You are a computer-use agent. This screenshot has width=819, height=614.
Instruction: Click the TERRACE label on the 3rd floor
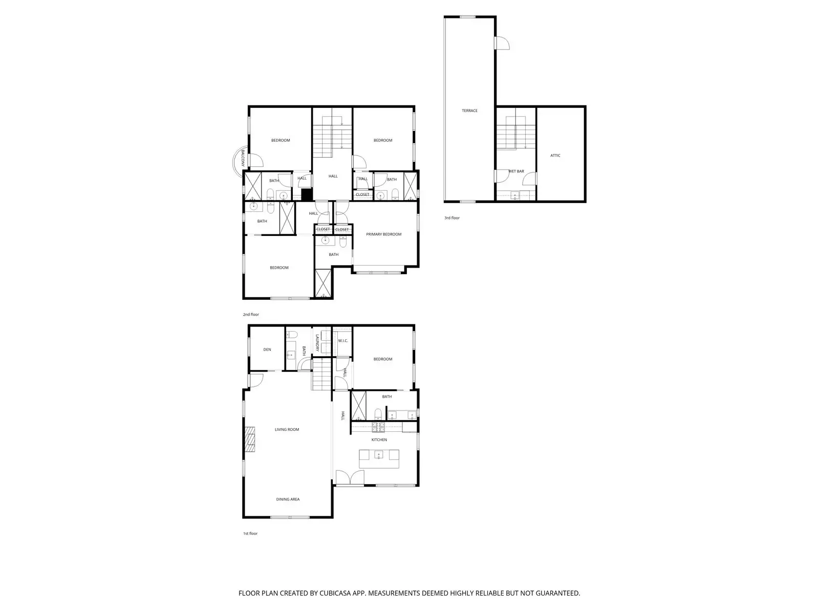469,111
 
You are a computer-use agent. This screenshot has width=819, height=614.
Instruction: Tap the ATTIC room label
555,156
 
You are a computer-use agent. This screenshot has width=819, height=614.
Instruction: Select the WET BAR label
516,171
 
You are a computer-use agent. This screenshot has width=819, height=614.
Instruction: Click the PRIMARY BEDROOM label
383,234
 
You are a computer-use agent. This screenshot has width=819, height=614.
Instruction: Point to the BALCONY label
243,159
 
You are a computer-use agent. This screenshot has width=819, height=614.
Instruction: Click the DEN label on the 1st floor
267,349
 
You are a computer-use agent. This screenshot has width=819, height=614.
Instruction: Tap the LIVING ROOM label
287,430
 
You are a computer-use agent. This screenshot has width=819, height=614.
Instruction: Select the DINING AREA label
288,499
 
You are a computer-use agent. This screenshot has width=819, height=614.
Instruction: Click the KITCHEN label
379,440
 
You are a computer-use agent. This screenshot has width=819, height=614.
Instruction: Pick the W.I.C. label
342,341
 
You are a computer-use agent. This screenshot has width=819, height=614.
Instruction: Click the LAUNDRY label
317,343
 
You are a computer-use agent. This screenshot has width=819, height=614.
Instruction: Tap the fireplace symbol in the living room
249,440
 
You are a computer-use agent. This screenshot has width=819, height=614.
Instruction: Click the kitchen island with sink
379,458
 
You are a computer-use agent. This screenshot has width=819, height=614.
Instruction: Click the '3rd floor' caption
452,218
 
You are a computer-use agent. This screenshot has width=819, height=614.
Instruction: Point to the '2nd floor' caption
251,315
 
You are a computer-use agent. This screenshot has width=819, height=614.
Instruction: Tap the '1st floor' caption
250,534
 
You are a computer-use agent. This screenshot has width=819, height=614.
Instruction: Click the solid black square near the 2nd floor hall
307,195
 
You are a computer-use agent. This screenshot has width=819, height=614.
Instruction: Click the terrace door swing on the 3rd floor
503,43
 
